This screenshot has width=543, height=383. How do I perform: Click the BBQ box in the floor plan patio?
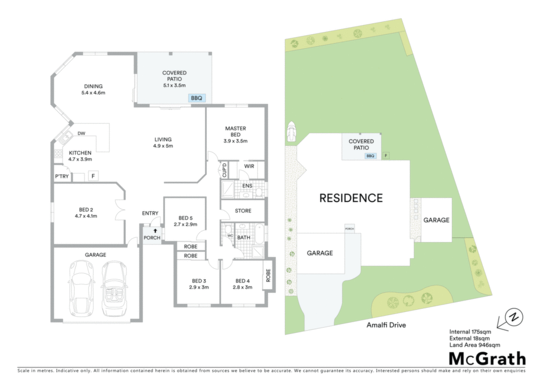point(197,98)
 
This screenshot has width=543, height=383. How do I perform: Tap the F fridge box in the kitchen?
point(93,176)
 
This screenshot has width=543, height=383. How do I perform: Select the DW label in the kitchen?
point(81,133)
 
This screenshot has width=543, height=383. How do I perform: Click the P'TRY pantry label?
point(62,176)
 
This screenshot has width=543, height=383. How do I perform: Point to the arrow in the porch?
point(155,230)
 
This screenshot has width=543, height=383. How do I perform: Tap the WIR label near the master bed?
point(249,166)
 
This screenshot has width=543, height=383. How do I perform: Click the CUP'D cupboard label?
point(224,170)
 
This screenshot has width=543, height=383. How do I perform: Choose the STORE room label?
point(243,211)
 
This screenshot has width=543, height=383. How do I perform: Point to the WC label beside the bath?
point(230,236)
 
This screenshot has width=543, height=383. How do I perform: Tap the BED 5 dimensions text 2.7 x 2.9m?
point(186,224)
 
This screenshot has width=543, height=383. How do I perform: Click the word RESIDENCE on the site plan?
point(351,198)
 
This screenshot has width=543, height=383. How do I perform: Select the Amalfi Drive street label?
point(386,325)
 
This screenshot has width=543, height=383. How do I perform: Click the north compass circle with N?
point(514,317)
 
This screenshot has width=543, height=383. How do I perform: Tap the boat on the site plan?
point(291,131)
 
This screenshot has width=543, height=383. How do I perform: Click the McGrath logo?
point(487,359)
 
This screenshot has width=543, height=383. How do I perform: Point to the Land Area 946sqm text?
point(475,345)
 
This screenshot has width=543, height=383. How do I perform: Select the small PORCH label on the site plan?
point(350,229)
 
